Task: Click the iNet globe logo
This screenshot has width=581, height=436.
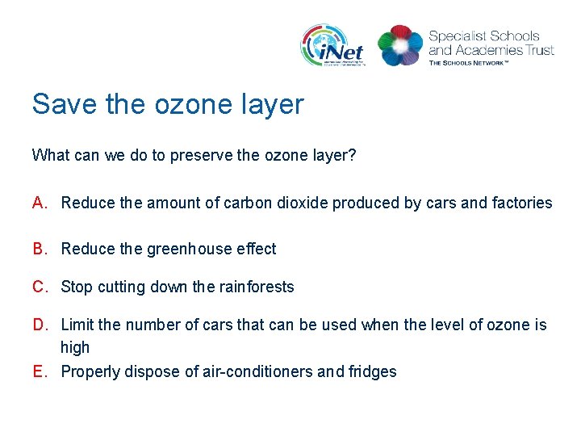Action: point(333,45)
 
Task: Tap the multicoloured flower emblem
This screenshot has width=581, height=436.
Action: point(400,45)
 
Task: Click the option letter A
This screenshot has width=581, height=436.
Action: point(40,203)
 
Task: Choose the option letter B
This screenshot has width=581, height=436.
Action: point(40,249)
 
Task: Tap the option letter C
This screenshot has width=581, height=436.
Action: point(40,287)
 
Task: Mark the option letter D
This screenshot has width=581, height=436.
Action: point(40,325)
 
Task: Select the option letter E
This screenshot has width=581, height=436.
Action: point(39,371)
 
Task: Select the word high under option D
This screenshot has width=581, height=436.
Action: point(75,347)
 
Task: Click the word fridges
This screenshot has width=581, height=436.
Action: point(373,371)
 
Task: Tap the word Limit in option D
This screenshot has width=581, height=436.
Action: point(77,325)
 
